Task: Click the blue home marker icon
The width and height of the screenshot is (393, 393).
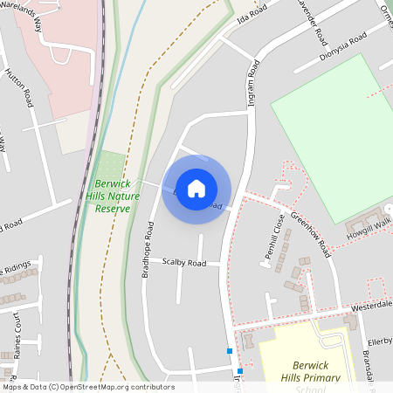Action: coord(196,189)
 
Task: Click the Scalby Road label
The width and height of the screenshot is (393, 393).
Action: coord(184,262)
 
